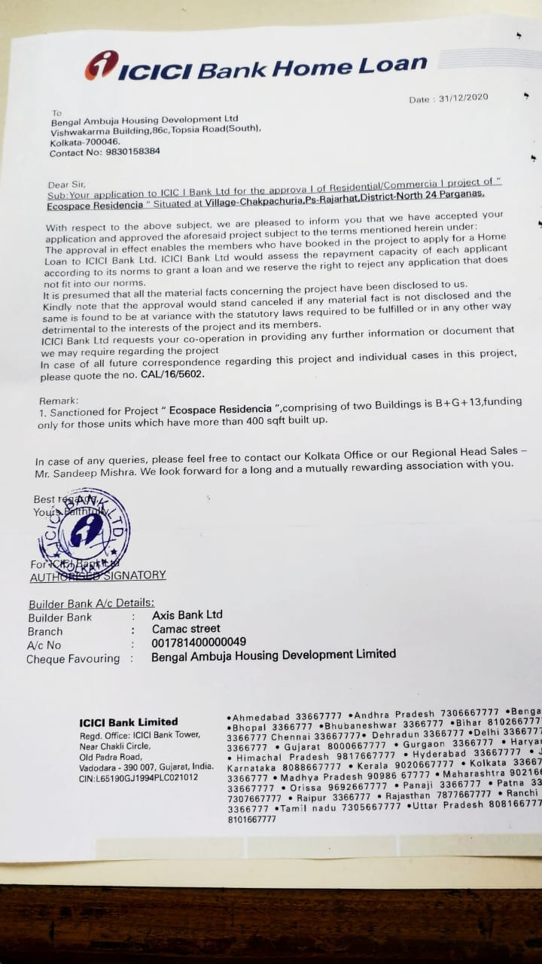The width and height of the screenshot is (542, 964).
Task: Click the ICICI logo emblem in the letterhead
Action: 102,66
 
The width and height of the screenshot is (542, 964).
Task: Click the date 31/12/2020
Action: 458,98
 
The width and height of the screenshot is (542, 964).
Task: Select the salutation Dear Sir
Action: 67,184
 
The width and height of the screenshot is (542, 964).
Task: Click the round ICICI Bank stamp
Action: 84,528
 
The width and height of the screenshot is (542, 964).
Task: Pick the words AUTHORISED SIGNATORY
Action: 98,575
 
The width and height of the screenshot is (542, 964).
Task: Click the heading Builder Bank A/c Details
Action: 91,603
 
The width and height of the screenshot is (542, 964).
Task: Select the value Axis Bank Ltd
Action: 187,615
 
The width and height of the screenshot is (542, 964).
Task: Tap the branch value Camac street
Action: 186,629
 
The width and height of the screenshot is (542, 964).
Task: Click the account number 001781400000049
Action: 199,642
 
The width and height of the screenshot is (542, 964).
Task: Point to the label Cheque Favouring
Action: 73,659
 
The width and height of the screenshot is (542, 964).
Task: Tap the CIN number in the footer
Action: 139,777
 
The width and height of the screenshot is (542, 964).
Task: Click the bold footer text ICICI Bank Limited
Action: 129,721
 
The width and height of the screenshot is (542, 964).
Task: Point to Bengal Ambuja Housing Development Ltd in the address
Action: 144,119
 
